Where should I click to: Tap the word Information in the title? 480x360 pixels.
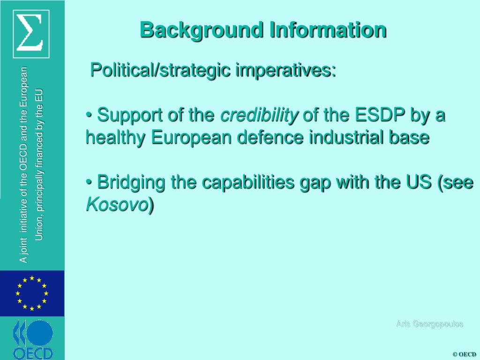click(328, 30)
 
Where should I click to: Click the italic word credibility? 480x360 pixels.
click(259, 115)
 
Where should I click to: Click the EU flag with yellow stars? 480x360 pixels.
click(32, 293)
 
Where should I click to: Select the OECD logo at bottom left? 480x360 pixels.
click(32, 339)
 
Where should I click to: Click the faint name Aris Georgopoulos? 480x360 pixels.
click(429, 324)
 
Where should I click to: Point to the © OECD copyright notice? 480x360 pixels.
click(464, 354)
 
